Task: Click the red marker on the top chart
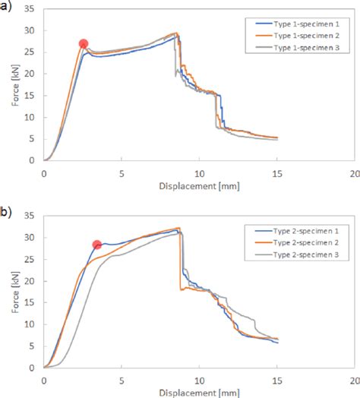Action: click(x=84, y=44)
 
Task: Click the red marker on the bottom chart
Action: click(x=97, y=245)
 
